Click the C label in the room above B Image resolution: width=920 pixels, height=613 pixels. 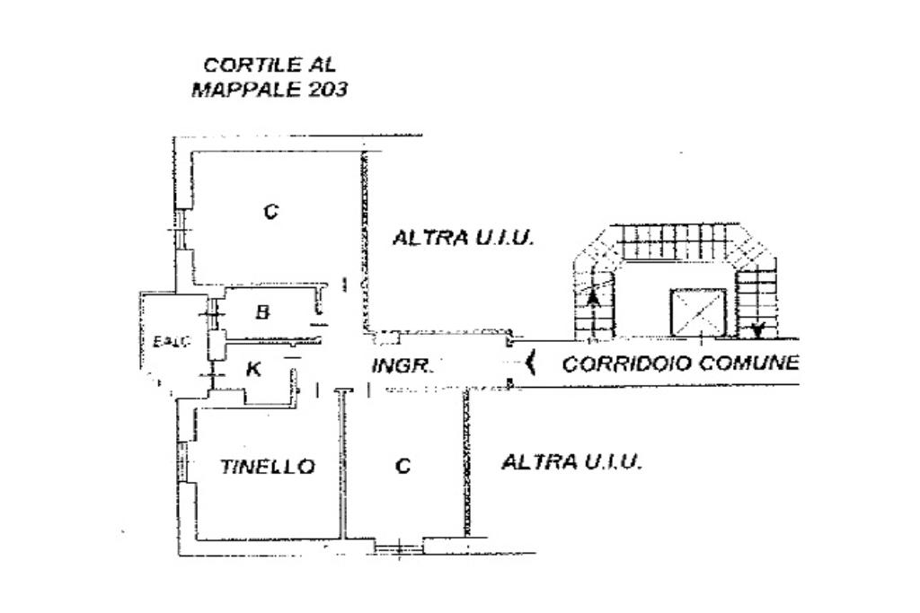[x=270, y=212]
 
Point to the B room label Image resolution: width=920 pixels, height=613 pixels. [x=262, y=312]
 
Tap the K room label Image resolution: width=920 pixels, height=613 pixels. [x=253, y=369]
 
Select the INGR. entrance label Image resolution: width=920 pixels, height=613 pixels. [x=402, y=366]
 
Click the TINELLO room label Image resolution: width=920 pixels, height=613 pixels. [x=268, y=467]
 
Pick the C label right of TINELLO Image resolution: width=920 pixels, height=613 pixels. [x=403, y=467]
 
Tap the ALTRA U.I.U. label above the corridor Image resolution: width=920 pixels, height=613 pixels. [x=464, y=239]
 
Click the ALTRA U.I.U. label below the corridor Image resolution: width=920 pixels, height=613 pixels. [x=571, y=463]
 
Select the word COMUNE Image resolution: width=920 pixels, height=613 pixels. [x=748, y=363]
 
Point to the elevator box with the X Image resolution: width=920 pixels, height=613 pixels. [x=697, y=314]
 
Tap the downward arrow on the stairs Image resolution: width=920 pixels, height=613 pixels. [x=756, y=328]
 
